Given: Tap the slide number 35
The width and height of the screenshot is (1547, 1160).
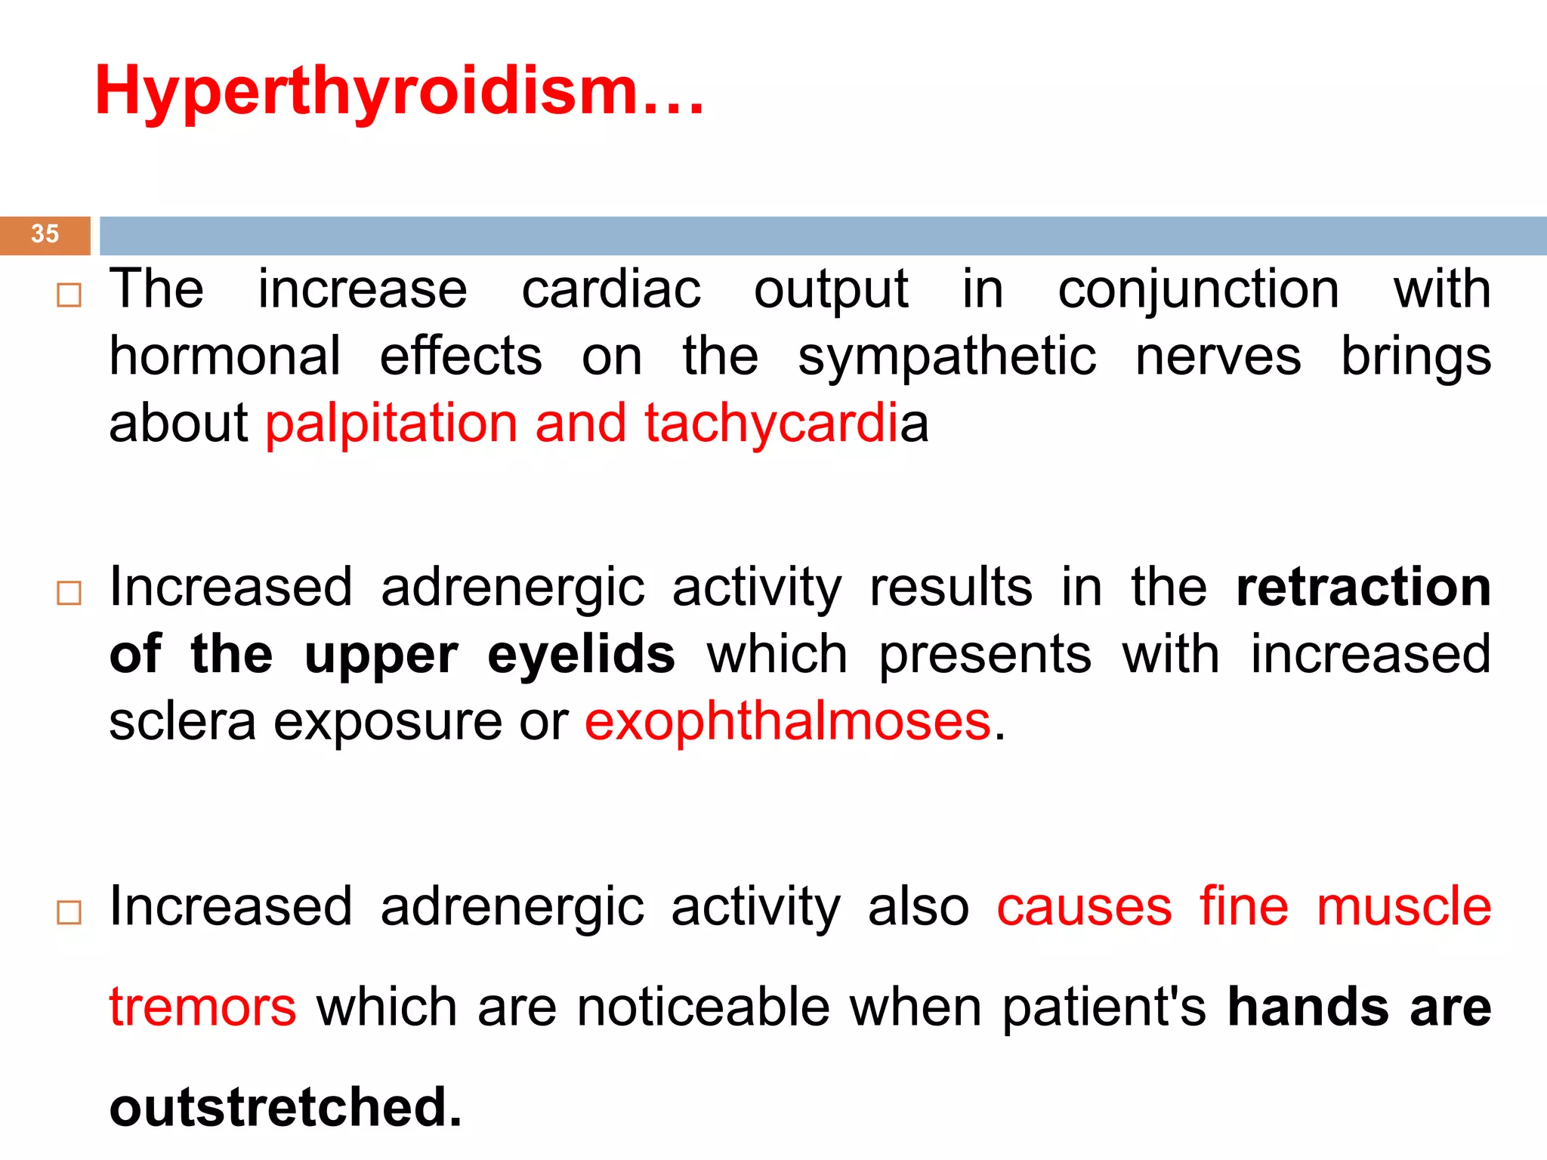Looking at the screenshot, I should click(x=45, y=234).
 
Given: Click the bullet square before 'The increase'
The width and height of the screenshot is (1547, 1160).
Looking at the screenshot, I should click(x=69, y=295).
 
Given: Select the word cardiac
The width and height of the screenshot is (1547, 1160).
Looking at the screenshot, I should click(x=611, y=289).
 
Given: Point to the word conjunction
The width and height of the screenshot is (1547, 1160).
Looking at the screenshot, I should click(x=1198, y=291).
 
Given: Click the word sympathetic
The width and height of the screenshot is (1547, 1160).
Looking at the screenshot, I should click(x=946, y=357).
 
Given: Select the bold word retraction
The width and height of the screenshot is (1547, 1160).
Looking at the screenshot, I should click(x=1363, y=588).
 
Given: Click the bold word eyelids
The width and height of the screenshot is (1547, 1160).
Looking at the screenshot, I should click(x=581, y=655).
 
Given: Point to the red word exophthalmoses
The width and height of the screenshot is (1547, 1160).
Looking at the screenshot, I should click(x=787, y=721).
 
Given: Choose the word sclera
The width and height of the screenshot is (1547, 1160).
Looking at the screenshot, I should click(x=183, y=721).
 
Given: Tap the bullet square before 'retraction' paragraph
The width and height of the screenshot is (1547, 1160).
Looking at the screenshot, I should click(x=69, y=593).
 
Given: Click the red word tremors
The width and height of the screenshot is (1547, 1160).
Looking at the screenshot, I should click(x=202, y=1007).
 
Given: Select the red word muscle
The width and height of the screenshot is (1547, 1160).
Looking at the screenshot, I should click(x=1403, y=906).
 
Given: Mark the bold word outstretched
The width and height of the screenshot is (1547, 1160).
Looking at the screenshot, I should click(x=285, y=1107).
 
